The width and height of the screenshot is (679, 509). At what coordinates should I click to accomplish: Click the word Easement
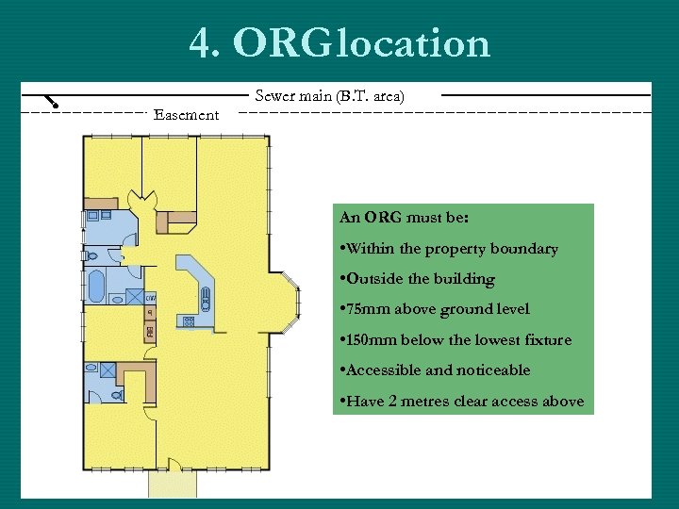(x=186, y=115)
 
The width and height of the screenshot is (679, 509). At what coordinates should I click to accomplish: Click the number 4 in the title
(x=202, y=42)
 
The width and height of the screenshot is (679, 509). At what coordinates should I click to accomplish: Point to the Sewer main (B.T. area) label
(x=329, y=95)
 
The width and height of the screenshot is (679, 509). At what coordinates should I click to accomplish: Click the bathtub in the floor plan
(x=96, y=287)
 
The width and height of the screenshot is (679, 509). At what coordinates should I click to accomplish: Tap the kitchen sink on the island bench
(x=206, y=299)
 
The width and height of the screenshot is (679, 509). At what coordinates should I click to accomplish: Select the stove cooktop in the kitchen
(x=189, y=321)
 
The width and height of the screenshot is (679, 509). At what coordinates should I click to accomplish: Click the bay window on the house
(x=291, y=303)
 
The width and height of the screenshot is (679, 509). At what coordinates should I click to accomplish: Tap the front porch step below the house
(x=173, y=484)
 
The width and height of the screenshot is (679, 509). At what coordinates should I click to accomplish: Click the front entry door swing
(x=174, y=465)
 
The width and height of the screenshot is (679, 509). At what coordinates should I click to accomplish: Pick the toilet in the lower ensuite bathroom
(x=117, y=395)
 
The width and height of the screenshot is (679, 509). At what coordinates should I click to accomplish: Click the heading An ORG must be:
(x=404, y=217)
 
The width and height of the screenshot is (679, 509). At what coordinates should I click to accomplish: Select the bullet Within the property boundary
(x=449, y=249)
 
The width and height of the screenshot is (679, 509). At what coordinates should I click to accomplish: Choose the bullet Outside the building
(x=418, y=279)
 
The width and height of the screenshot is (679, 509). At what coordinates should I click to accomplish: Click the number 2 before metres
(x=392, y=401)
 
